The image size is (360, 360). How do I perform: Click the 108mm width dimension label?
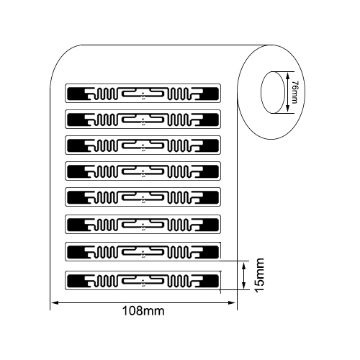point(143,311)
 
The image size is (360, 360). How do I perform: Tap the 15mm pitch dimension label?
point(259,275)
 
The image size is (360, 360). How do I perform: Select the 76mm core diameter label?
point(294,92)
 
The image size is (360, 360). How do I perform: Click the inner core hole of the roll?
point(272,92)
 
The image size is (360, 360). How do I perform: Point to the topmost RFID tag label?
point(143,93)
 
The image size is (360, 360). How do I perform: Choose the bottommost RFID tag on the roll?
point(143,280)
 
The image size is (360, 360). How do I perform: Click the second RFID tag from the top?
point(143,120)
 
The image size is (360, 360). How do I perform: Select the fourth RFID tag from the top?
point(143,171)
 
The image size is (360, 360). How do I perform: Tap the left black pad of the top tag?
point(76,94)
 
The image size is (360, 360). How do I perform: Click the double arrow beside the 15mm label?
point(244,275)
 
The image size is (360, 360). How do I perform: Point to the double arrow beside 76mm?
point(287,92)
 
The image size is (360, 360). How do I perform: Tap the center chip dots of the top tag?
point(143,96)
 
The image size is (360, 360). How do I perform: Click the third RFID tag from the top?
point(143,145)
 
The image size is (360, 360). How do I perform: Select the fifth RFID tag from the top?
point(143,197)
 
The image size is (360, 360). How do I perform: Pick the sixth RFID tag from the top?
point(143,225)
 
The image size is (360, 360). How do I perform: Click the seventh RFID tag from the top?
point(143,252)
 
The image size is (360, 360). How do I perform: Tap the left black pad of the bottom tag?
point(76,281)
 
